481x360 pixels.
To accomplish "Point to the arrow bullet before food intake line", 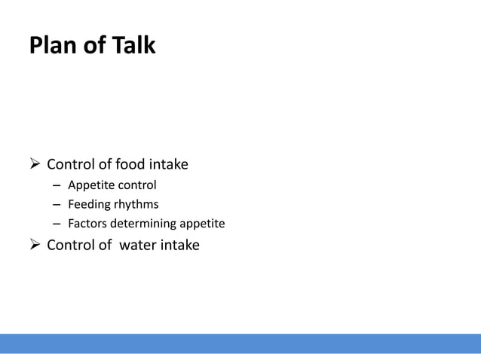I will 34,164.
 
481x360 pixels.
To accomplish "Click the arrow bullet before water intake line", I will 34,244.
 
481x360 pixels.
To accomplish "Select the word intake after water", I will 179,244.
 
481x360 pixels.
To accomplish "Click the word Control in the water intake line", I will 72,244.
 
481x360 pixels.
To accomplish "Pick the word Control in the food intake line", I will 72,164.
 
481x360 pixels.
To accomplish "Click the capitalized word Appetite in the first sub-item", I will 89,185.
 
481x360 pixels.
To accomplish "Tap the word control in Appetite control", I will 135,185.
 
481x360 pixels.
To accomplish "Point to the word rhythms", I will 136,204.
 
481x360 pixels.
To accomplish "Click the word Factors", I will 87,224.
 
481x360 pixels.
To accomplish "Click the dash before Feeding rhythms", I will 57,205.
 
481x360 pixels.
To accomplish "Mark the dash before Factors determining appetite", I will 57,224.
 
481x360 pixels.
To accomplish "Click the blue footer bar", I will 240,343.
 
